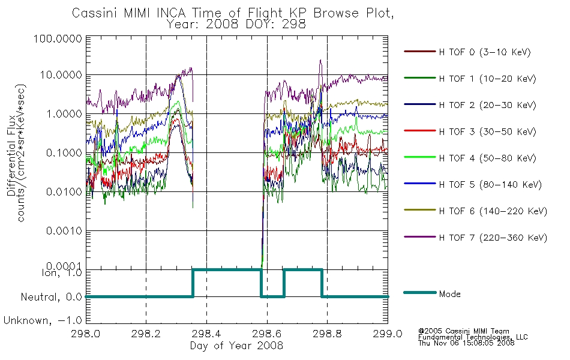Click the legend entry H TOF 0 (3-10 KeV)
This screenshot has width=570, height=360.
pyautogui.click(x=485, y=52)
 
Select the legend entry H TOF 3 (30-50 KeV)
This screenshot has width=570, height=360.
pyautogui.click(x=487, y=131)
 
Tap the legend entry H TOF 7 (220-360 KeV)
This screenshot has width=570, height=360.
pyautogui.click(x=493, y=238)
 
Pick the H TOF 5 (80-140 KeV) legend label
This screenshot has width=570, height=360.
pyautogui.click(x=490, y=185)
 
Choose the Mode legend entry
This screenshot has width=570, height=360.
pyautogui.click(x=449, y=294)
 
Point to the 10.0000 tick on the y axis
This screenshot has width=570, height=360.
pyautogui.click(x=61, y=75)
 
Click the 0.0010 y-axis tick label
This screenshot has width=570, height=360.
pyautogui.click(x=64, y=231)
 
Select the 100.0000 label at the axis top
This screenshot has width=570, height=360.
pyautogui.click(x=58, y=38)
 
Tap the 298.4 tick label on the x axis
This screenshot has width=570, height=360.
pyautogui.click(x=206, y=334)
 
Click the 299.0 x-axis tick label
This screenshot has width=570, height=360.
pyautogui.click(x=388, y=334)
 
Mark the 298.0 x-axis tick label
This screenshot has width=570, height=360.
pyautogui.click(x=86, y=334)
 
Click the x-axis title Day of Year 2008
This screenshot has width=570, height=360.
pyautogui.click(x=236, y=346)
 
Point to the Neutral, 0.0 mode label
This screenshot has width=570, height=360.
pyautogui.click(x=52, y=298)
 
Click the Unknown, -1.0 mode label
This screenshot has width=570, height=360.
pyautogui.click(x=43, y=321)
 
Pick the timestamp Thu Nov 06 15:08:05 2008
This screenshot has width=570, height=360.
pyautogui.click(x=466, y=343)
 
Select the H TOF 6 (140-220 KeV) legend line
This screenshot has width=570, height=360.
pyautogui.click(x=420, y=210)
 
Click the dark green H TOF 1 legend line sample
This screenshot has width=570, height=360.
pyautogui.click(x=420, y=78)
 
